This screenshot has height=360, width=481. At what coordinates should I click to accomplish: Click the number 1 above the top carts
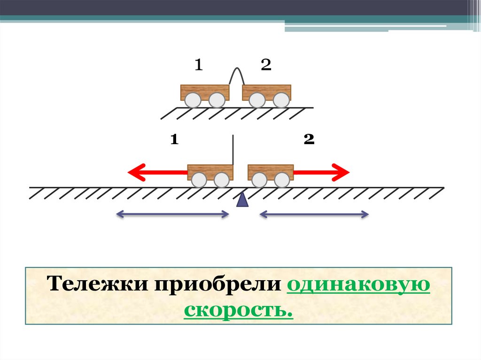pos(199,65)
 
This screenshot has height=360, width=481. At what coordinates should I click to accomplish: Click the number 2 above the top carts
pos(266,65)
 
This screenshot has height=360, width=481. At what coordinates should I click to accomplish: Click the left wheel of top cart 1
pos(192,100)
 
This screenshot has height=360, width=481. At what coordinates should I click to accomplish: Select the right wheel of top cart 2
pos(281,100)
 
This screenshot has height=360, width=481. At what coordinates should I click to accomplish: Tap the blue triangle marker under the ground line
pos(242,199)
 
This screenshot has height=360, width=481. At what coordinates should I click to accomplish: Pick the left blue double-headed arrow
pos(172,215)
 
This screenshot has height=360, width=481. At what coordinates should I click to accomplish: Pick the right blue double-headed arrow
pos(314,215)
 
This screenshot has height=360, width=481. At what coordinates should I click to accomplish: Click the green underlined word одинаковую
pos(357,286)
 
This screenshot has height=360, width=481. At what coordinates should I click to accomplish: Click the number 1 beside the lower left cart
pos(174,139)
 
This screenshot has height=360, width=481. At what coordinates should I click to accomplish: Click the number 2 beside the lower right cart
pos(309,139)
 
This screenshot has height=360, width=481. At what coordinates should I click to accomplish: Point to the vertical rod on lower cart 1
pos(233,149)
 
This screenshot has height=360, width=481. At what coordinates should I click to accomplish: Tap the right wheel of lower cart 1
pos(222,179)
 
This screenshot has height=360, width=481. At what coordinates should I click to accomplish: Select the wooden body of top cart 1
pos(205,90)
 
